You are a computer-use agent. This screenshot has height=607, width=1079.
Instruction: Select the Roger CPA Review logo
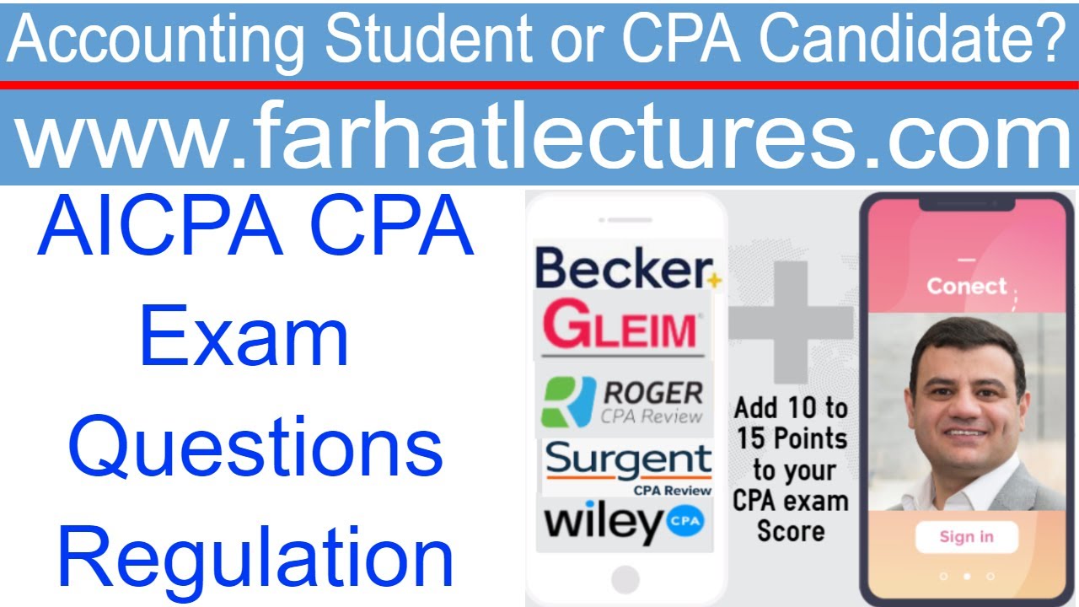pyautogui.click(x=623, y=401)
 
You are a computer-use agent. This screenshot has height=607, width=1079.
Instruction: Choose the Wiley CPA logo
pyautogui.click(x=623, y=523)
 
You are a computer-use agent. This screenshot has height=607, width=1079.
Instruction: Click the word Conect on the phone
pyautogui.click(x=967, y=286)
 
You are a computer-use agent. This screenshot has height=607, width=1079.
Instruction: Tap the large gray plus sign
pyautogui.click(x=791, y=321)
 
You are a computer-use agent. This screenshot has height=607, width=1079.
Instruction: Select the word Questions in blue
pyautogui.click(x=255, y=448)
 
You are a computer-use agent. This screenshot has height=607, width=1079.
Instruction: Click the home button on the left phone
pyautogui.click(x=625, y=579)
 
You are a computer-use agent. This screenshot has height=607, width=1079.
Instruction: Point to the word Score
pyautogui.click(x=791, y=531)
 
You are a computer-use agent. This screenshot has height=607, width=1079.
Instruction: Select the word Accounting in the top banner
pyautogui.click(x=160, y=40)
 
